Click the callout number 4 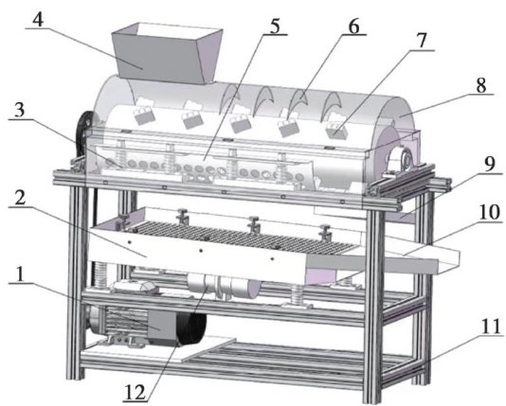38,19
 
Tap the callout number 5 275,26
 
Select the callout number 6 353,26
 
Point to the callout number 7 421,41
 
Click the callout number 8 480,85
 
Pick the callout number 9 489,164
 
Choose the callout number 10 490,212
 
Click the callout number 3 19,110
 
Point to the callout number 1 20,274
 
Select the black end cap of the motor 191,329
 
